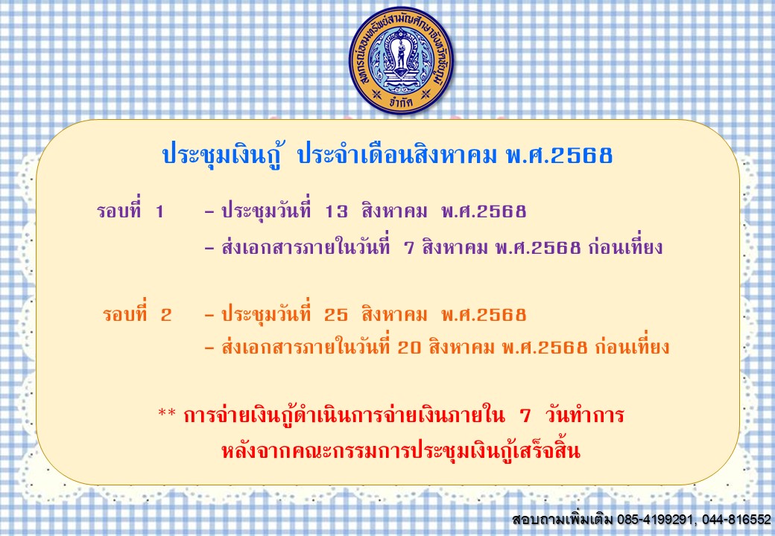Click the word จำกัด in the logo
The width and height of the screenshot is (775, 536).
point(401,102)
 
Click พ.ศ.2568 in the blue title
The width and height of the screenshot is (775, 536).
point(560,155)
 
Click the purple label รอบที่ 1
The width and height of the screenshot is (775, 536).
point(130,211)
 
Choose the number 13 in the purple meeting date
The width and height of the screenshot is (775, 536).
point(336,211)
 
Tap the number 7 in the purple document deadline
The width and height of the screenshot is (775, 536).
point(408,247)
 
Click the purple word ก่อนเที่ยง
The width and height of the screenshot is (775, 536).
point(624,246)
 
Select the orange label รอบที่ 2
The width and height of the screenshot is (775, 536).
point(137,314)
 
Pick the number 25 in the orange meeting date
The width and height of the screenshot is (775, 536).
point(336,315)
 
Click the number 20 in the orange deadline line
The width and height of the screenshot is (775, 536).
point(409,348)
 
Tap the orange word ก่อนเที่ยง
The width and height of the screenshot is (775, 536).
point(632,345)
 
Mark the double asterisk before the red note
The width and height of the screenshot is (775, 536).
point(167,413)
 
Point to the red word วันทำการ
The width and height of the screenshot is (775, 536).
point(585,415)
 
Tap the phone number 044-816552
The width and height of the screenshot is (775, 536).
point(736,519)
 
